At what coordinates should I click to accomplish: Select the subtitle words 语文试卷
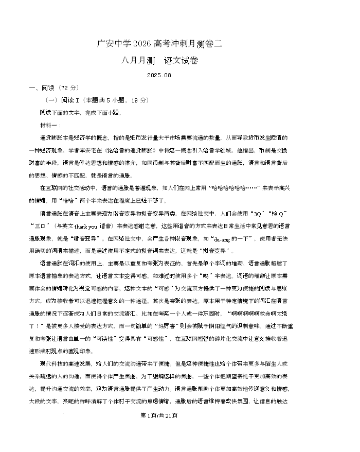[181, 60]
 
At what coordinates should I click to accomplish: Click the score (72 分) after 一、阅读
[70, 88]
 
